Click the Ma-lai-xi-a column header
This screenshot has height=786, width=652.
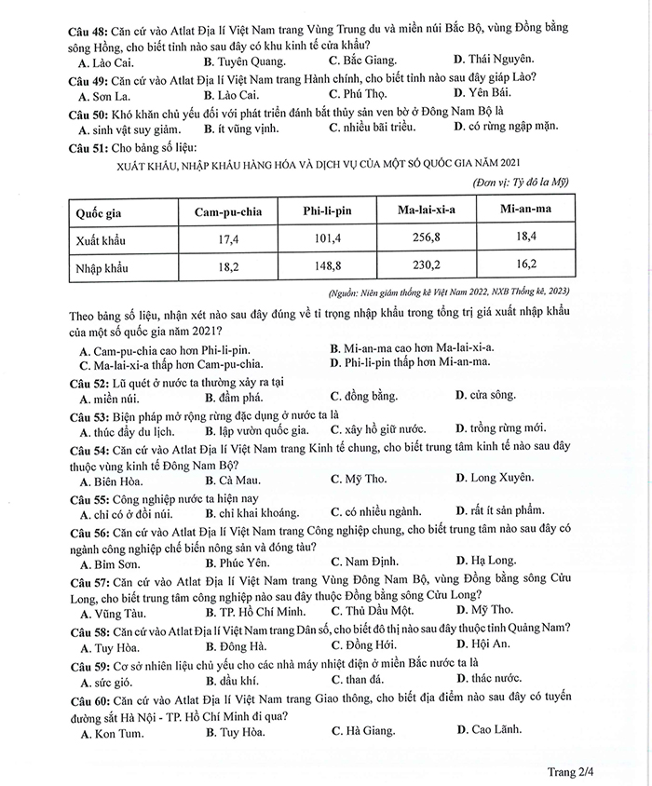(x=428, y=210)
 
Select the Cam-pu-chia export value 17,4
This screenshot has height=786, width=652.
(x=228, y=239)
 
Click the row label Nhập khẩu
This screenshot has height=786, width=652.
(x=102, y=269)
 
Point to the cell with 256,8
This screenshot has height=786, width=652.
(x=427, y=238)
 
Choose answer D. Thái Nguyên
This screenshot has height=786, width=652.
(x=492, y=61)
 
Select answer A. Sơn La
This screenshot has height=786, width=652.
(x=102, y=95)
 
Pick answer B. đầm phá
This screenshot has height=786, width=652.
(x=232, y=397)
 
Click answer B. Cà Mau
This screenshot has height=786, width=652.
(x=231, y=479)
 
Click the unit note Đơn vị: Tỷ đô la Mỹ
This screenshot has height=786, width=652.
(x=522, y=181)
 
